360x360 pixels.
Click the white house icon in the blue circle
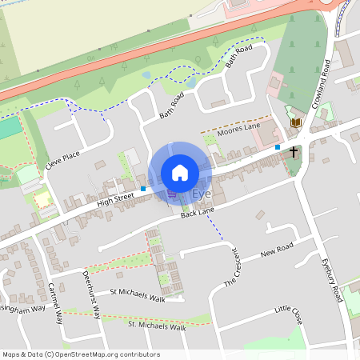(180, 173)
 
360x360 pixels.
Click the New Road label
(278, 250)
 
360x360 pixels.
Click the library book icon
(297, 122)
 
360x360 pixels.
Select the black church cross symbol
(294, 150)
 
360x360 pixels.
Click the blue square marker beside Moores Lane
(278, 147)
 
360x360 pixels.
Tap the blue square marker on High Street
(143, 189)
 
